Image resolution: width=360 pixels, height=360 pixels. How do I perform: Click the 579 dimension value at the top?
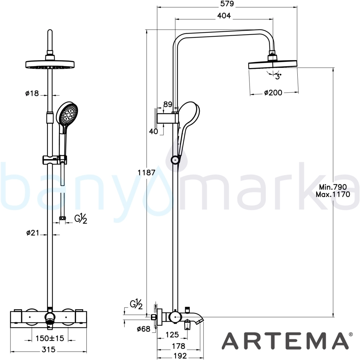coord(227,4)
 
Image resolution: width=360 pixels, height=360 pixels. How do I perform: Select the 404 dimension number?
coord(224,15)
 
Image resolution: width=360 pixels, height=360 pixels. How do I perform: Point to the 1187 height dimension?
coord(146,172)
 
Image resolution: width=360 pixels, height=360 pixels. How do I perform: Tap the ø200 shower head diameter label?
coord(273,93)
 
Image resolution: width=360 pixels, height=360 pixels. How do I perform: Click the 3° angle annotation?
coord(278,76)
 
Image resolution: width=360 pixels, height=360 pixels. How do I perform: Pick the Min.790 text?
coord(333,187)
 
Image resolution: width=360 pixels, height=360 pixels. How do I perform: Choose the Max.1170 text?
coord(333,194)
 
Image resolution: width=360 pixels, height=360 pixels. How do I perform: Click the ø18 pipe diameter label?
coord(32,93)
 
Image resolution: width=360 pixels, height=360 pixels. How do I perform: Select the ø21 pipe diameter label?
coord(33,233)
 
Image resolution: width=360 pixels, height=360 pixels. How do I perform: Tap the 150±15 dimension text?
coord(50,338)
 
